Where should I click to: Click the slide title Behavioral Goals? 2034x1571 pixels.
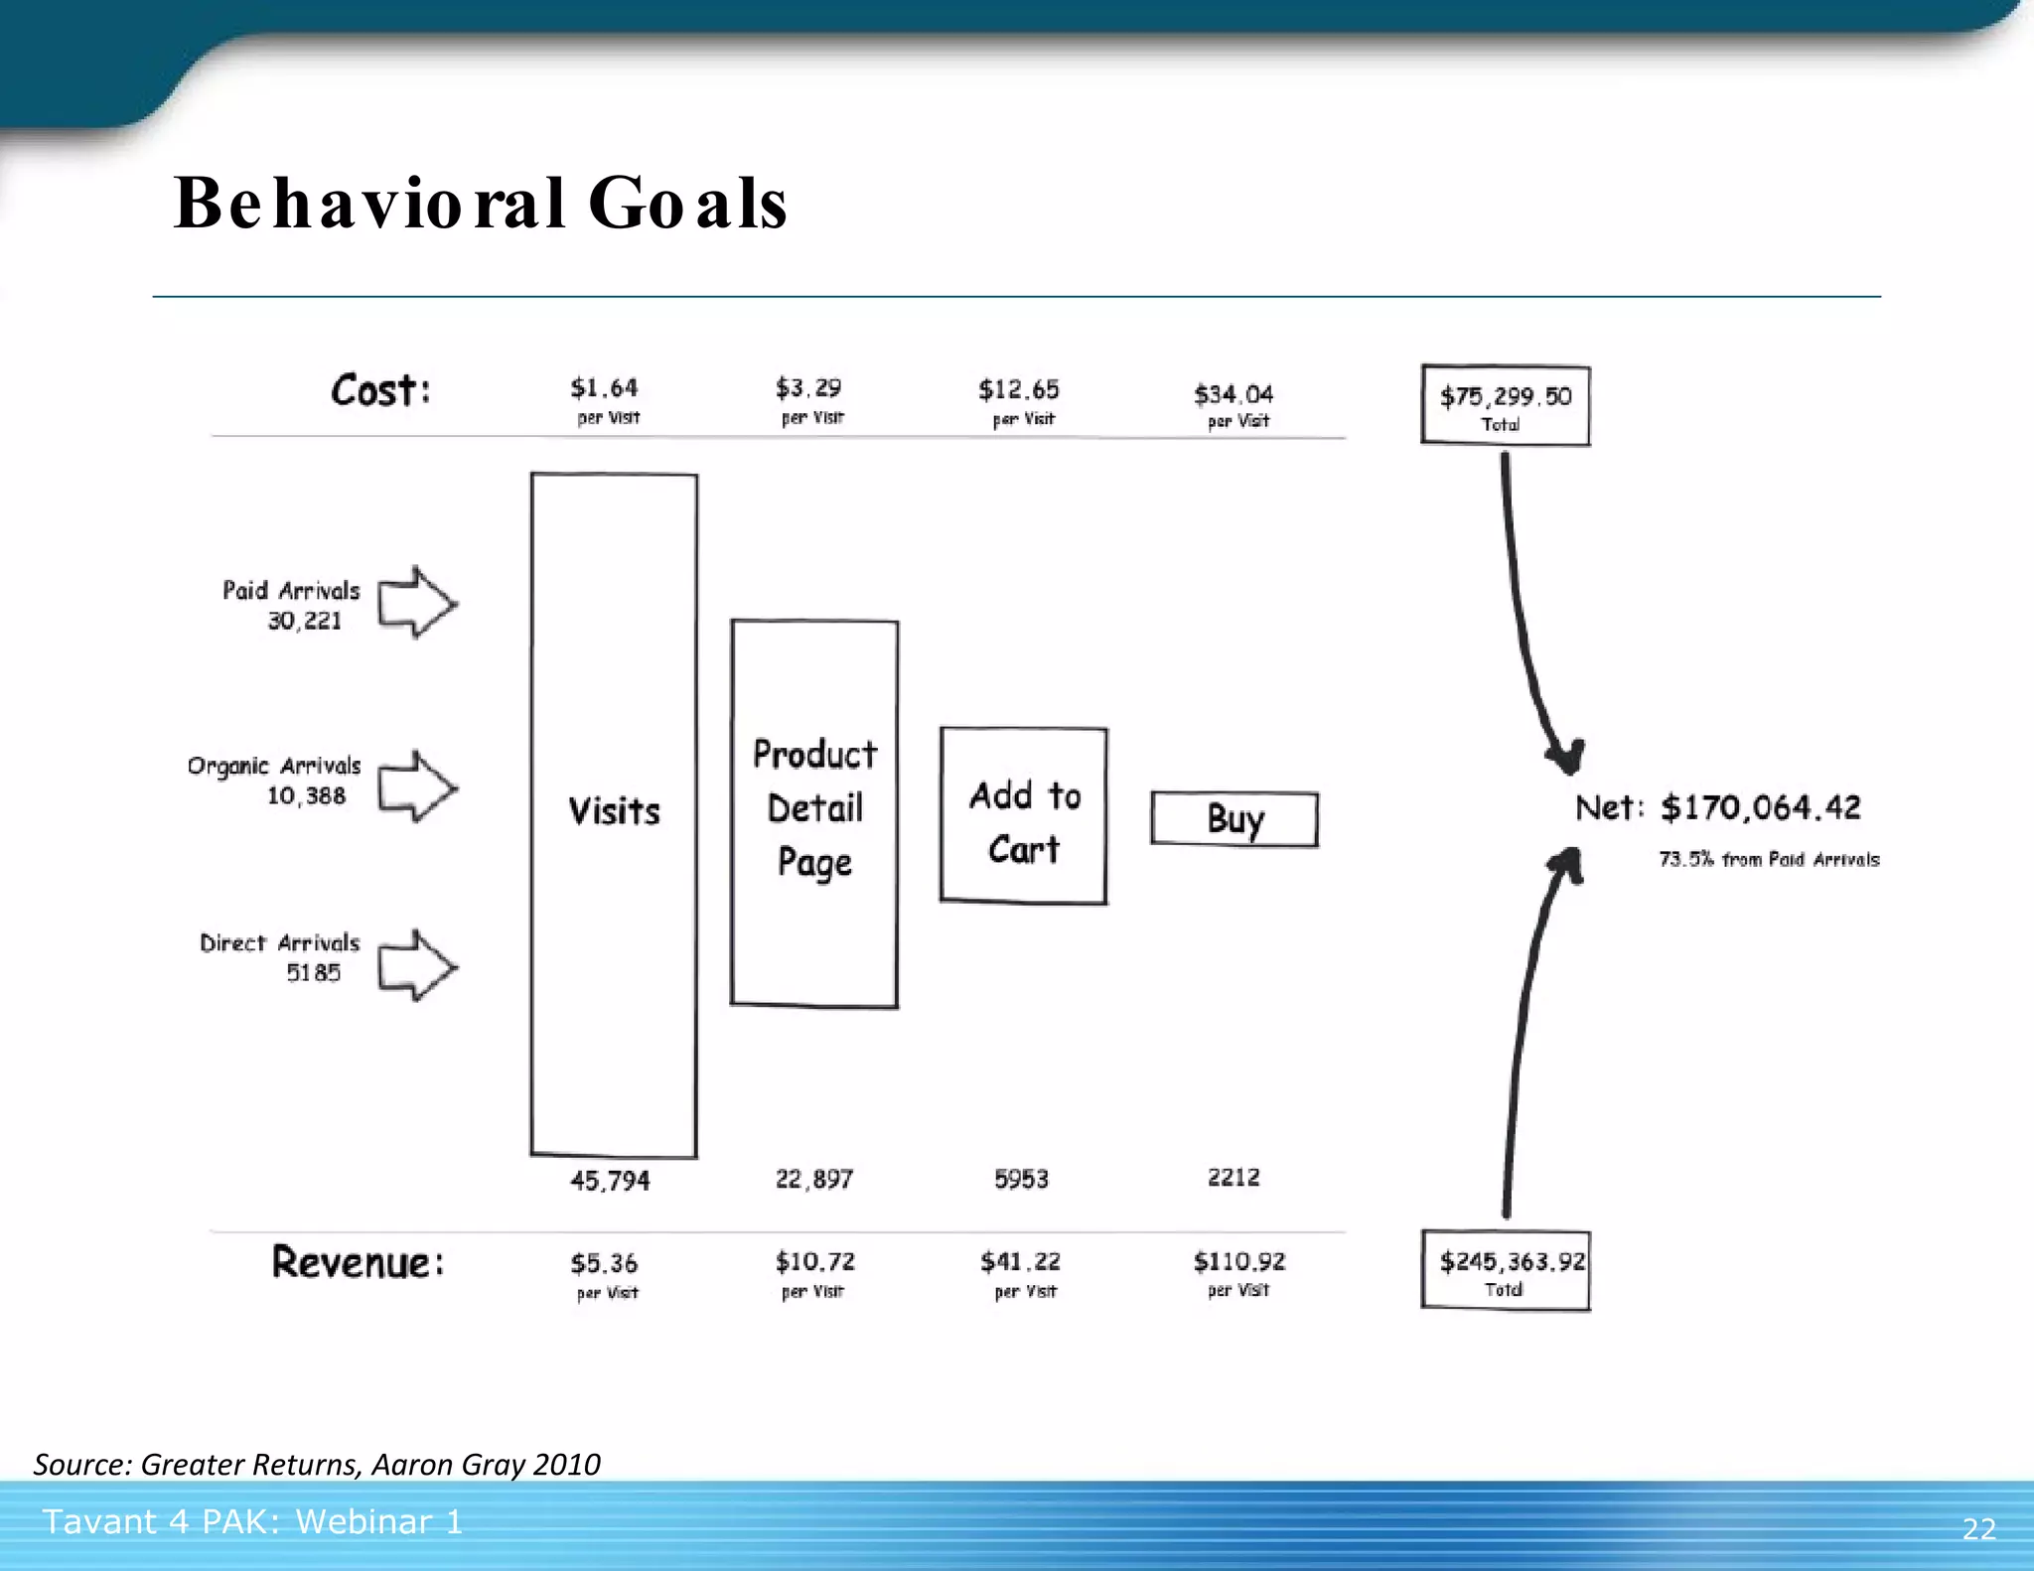tap(481, 204)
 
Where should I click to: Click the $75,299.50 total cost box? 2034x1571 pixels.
tap(1505, 405)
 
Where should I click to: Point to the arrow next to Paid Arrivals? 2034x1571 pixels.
tap(417, 603)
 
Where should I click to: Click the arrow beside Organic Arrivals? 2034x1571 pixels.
tap(417, 786)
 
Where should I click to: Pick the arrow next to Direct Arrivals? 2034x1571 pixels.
tap(417, 965)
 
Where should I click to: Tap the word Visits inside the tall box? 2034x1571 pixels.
tap(614, 811)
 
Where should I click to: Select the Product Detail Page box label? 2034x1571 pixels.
tap(814, 808)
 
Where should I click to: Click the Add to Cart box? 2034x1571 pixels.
tap(1024, 816)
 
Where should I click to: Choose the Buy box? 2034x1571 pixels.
tap(1235, 819)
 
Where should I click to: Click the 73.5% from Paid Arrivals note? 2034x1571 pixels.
tap(1769, 859)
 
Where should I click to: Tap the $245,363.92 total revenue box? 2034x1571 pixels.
tap(1506, 1271)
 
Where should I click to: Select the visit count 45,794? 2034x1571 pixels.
tap(610, 1181)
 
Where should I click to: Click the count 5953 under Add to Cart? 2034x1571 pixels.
tap(1021, 1179)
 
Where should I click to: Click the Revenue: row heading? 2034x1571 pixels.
tap(358, 1263)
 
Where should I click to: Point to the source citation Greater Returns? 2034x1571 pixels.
tap(316, 1464)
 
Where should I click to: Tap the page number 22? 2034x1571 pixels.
tap(1978, 1528)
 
